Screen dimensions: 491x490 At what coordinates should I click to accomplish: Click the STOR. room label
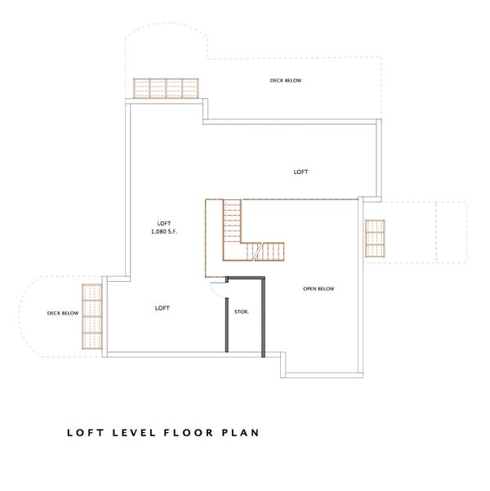pyautogui.click(x=242, y=312)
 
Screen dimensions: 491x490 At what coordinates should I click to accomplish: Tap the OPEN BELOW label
pyautogui.click(x=318, y=289)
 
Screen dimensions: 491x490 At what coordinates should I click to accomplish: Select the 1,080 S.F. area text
pyautogui.click(x=164, y=231)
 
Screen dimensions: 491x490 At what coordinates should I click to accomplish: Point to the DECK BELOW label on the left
pyautogui.click(x=62, y=313)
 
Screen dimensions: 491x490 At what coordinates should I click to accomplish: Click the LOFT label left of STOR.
pyautogui.click(x=162, y=308)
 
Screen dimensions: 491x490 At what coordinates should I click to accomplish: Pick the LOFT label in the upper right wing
pyautogui.click(x=301, y=172)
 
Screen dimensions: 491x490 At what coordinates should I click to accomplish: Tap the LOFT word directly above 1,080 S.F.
pyautogui.click(x=164, y=222)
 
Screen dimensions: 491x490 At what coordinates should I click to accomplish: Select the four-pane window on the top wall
pyautogui.click(x=167, y=87)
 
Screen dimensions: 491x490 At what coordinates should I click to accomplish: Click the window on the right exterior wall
pyautogui.click(x=376, y=238)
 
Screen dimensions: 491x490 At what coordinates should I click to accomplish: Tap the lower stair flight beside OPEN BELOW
pyautogui.click(x=272, y=252)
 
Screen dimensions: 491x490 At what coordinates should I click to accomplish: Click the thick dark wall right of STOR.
pyautogui.click(x=263, y=317)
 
